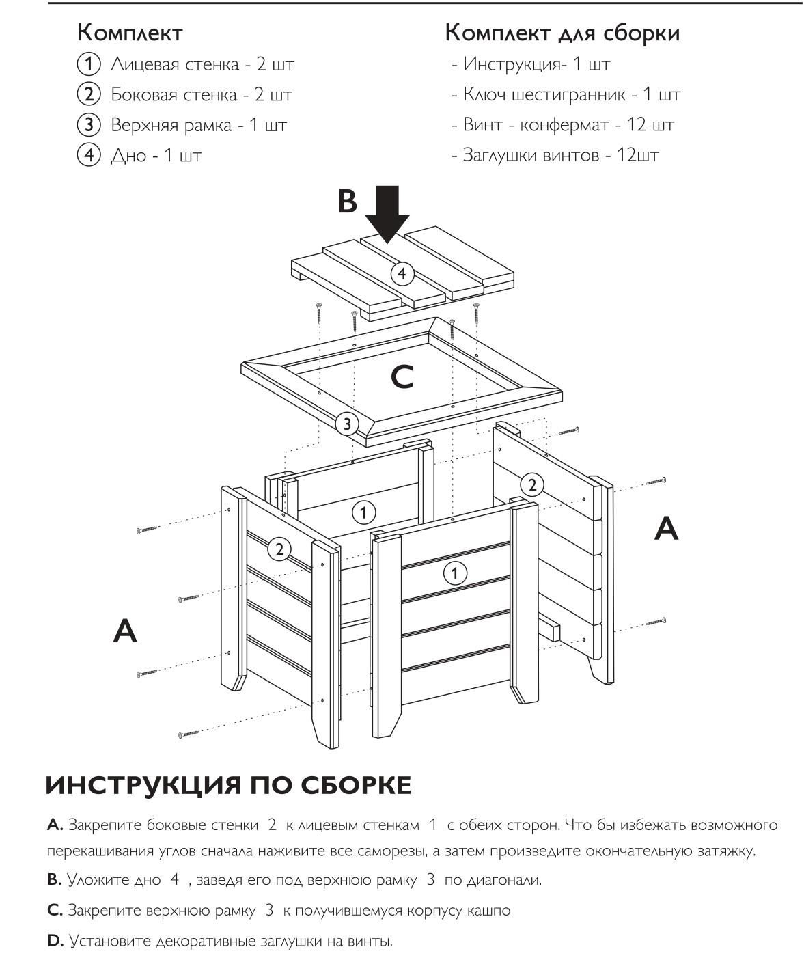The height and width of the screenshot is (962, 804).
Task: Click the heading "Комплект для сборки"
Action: click(562, 33)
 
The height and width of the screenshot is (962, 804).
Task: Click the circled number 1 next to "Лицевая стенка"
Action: click(88, 65)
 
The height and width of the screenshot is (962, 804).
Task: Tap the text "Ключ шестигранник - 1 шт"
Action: click(571, 94)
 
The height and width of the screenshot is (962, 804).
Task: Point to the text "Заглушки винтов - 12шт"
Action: click(560, 155)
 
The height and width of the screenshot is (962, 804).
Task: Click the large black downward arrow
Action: click(387, 215)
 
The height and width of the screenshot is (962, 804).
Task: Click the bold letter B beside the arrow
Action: click(347, 202)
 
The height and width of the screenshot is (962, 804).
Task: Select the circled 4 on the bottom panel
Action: click(402, 274)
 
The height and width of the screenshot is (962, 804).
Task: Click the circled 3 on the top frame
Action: click(347, 424)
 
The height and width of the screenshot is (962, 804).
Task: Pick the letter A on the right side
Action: click(666, 528)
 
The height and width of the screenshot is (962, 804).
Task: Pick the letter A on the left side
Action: click(125, 631)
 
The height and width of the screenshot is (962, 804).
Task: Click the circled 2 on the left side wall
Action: click(279, 549)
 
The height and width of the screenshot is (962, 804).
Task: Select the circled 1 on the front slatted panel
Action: click(455, 573)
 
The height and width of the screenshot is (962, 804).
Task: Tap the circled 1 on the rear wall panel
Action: click(363, 512)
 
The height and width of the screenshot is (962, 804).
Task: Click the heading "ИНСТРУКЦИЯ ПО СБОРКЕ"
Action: click(228, 786)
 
